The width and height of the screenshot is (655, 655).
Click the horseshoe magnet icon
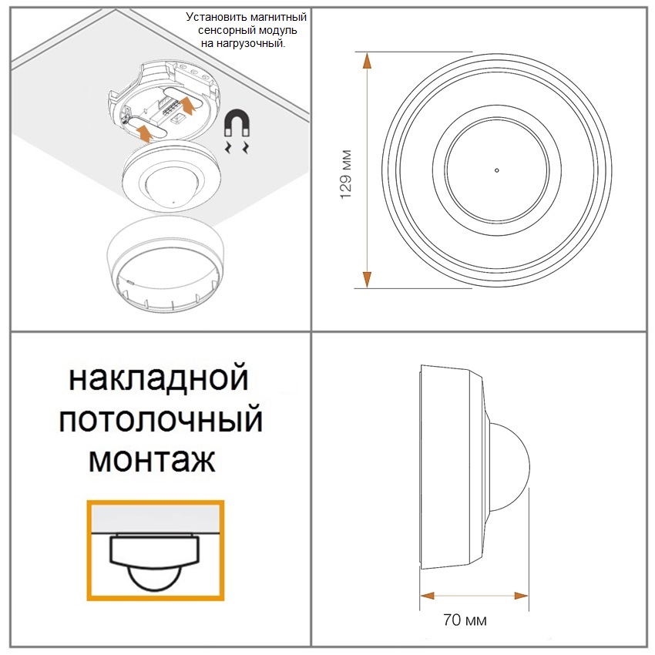pos(237,123)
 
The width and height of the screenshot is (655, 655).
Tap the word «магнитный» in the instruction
pos(277,17)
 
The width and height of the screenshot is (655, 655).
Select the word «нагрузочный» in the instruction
pos(250,43)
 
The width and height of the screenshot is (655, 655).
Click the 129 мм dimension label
pos(346,174)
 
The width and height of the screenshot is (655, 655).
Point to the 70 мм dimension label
pos(465,620)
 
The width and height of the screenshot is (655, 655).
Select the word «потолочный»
pos(161,419)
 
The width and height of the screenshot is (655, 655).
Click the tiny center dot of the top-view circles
pos(497,170)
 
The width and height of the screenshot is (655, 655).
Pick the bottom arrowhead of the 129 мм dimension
pos(367,280)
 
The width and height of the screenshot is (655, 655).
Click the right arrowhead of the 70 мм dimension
pos(521,596)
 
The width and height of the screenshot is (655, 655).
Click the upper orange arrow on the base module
pos(188,104)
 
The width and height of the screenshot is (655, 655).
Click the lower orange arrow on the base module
pos(145,132)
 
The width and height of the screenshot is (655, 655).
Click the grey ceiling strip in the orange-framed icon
pos(156,519)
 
